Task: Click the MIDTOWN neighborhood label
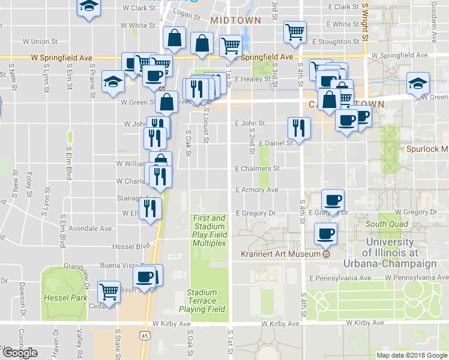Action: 236,20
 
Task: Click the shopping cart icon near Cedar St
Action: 109,292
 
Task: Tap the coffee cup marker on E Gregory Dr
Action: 333,200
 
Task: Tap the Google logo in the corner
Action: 20,353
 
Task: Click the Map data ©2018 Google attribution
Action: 412,355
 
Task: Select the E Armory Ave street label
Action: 257,190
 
